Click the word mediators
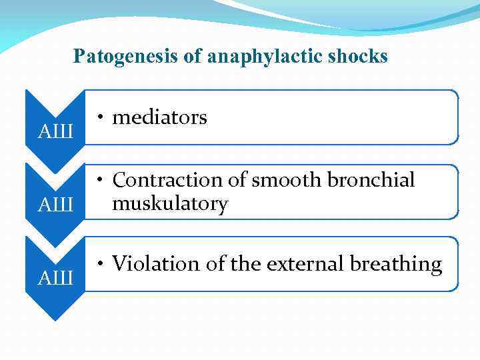pyautogui.click(x=159, y=118)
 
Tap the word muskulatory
pyautogui.click(x=170, y=203)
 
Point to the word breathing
pyautogui.click(x=394, y=264)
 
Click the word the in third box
pyautogui.click(x=246, y=264)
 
